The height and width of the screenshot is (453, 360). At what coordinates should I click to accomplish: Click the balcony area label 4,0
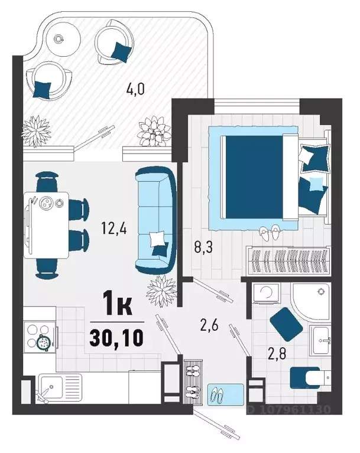(x=135, y=89)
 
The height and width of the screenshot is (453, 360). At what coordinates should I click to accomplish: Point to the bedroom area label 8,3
(x=203, y=247)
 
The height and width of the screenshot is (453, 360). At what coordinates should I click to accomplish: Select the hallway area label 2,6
(x=209, y=325)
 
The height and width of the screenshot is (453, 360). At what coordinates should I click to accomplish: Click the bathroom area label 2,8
(x=277, y=354)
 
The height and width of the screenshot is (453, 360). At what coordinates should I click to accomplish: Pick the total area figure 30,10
(x=116, y=338)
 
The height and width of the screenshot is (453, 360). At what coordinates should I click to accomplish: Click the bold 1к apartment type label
(x=119, y=304)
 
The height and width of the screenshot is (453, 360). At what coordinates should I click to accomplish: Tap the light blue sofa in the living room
(x=155, y=220)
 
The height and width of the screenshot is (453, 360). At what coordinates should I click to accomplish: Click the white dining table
(x=46, y=225)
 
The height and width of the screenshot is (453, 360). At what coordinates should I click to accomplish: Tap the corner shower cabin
(x=311, y=302)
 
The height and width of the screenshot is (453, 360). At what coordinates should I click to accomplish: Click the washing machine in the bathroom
(x=266, y=293)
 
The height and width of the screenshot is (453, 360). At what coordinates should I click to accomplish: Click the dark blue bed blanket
(x=254, y=177)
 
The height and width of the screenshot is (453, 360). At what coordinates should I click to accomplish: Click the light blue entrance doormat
(x=226, y=395)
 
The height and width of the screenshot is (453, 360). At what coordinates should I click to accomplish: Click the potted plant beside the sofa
(x=161, y=290)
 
